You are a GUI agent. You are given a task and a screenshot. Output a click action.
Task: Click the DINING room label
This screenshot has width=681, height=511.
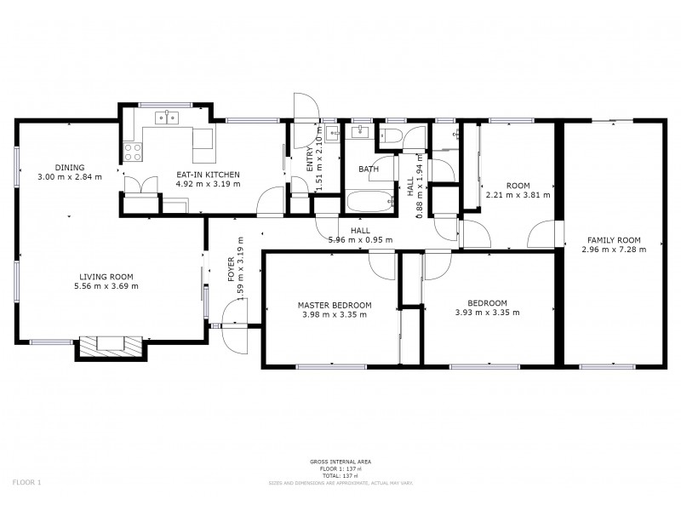[69, 167]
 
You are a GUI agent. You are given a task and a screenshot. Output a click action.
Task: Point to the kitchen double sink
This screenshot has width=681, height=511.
[167, 118]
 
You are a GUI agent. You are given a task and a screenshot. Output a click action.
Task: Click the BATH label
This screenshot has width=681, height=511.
[368, 169]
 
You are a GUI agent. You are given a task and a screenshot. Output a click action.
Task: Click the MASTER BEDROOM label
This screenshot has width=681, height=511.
[334, 304]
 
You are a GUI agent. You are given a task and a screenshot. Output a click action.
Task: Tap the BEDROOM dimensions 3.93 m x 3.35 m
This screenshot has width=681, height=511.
[488, 313]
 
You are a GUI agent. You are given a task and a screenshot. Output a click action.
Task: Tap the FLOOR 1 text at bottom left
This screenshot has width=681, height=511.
[26, 482]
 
